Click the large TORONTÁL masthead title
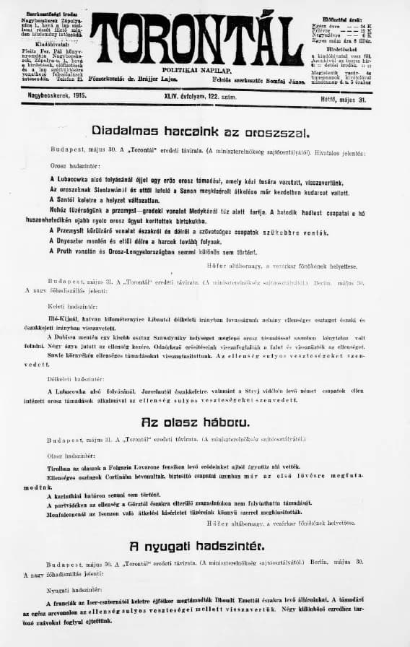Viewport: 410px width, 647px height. click(196, 40)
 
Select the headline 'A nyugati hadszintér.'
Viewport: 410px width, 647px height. click(197, 545)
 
